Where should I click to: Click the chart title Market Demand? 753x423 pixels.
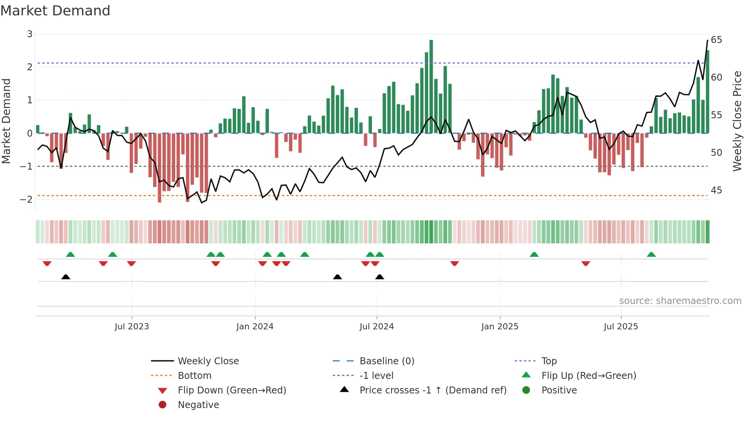pyautogui.click(x=55, y=11)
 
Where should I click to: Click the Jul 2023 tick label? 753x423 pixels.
pyautogui.click(x=131, y=327)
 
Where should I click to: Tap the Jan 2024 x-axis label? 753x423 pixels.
pyautogui.click(x=255, y=327)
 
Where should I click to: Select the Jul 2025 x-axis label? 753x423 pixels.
pyautogui.click(x=620, y=327)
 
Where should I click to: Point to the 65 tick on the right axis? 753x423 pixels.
pyautogui.click(x=716, y=40)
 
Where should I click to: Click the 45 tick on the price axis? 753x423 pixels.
pyautogui.click(x=716, y=190)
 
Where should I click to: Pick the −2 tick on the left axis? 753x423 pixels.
pyautogui.click(x=26, y=199)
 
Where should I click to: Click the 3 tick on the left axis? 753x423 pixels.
pyautogui.click(x=30, y=34)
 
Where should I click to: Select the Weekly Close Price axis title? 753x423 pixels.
pyautogui.click(x=737, y=121)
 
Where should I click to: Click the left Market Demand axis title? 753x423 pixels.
pyautogui.click(x=6, y=121)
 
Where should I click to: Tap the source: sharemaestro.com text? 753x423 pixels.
pyautogui.click(x=680, y=301)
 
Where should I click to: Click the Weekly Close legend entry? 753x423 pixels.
pyautogui.click(x=208, y=361)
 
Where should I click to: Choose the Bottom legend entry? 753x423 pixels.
pyautogui.click(x=194, y=376)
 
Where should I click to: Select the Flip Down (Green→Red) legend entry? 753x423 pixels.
pyautogui.click(x=232, y=390)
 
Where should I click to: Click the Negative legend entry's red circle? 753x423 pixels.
pyautogui.click(x=163, y=405)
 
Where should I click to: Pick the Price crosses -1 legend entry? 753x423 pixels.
pyautogui.click(x=433, y=390)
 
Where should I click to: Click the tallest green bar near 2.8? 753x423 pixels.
pyautogui.click(x=431, y=86)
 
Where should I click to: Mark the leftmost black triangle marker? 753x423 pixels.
pyautogui.click(x=66, y=277)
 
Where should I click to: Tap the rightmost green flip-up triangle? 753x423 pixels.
pyautogui.click(x=651, y=254)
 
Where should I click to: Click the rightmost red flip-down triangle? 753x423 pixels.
pyautogui.click(x=585, y=263)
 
